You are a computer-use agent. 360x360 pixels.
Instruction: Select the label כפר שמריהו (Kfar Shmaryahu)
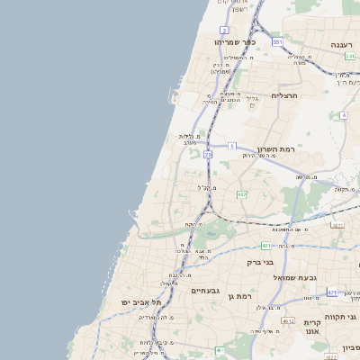click(x=235, y=41)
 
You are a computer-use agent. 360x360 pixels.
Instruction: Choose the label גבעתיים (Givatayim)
click(x=205, y=291)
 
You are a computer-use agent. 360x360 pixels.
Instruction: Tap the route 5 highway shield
click(x=231, y=145)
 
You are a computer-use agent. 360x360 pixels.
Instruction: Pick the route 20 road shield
click(x=207, y=156)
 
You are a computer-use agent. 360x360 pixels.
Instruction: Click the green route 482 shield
click(x=241, y=194)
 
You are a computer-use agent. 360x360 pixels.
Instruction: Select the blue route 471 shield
click(x=333, y=292)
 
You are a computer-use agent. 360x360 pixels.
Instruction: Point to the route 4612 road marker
click(x=288, y=320)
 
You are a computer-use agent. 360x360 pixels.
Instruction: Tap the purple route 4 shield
click(x=344, y=115)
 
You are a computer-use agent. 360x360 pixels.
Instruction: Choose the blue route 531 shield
click(x=277, y=42)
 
